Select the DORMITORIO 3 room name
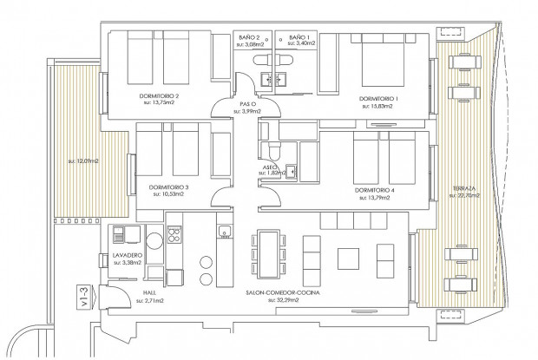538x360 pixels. click(168, 187)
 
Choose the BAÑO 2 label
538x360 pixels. click(251, 38)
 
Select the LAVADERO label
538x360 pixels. click(128, 254)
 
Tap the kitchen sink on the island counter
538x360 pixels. click(224, 232)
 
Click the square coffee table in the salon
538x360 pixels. click(348, 259)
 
